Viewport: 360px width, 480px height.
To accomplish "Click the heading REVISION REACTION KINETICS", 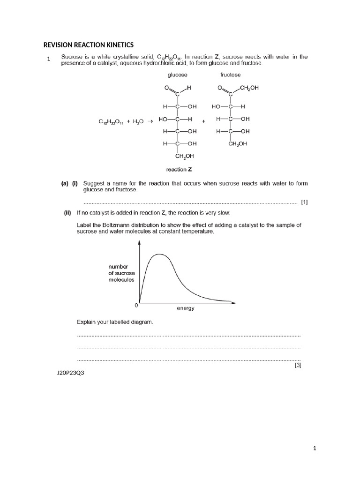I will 89,45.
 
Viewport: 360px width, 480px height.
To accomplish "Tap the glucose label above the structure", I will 178,75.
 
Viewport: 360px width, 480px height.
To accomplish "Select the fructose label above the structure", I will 230,75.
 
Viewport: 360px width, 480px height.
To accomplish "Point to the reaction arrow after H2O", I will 150,121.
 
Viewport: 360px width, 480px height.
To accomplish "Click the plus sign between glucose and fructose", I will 203,121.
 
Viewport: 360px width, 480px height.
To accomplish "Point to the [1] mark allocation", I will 304,202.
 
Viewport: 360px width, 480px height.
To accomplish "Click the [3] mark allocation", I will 298,366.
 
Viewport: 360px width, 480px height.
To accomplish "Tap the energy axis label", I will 186,308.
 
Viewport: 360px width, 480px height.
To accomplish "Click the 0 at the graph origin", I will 136,305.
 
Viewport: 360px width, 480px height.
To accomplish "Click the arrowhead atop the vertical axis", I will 140,242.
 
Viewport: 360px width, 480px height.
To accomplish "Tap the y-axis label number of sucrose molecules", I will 121,272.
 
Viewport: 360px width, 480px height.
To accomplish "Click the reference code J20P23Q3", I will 70,374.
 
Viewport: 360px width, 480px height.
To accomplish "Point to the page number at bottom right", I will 315,449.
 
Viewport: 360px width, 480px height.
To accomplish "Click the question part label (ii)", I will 70,212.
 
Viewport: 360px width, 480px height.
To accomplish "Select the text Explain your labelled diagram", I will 115,322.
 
